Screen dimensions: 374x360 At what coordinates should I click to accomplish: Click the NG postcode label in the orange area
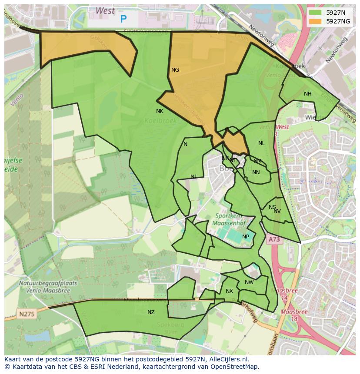175,70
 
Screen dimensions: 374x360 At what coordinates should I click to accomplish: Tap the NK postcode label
160,111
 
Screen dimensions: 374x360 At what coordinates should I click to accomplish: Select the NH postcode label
308,94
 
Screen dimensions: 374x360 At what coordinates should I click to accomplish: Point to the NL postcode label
261,143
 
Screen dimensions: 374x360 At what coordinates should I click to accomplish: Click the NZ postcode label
151,312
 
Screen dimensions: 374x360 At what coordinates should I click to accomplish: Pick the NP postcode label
246,237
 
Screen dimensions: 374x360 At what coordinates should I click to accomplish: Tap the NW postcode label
249,282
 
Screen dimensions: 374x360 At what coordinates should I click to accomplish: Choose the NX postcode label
229,291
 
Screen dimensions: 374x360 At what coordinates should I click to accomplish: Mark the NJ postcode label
193,176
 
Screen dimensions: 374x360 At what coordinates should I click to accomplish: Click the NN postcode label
256,172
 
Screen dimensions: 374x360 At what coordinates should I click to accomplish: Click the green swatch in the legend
316,13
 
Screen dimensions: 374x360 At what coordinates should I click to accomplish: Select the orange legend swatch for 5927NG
316,21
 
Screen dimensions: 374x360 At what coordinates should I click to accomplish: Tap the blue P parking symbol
123,19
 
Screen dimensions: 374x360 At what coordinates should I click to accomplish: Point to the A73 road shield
274,239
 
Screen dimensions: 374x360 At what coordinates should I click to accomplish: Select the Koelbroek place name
160,121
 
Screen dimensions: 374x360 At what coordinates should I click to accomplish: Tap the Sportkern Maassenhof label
229,220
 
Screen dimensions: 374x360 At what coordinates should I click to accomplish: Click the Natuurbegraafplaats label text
48,283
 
